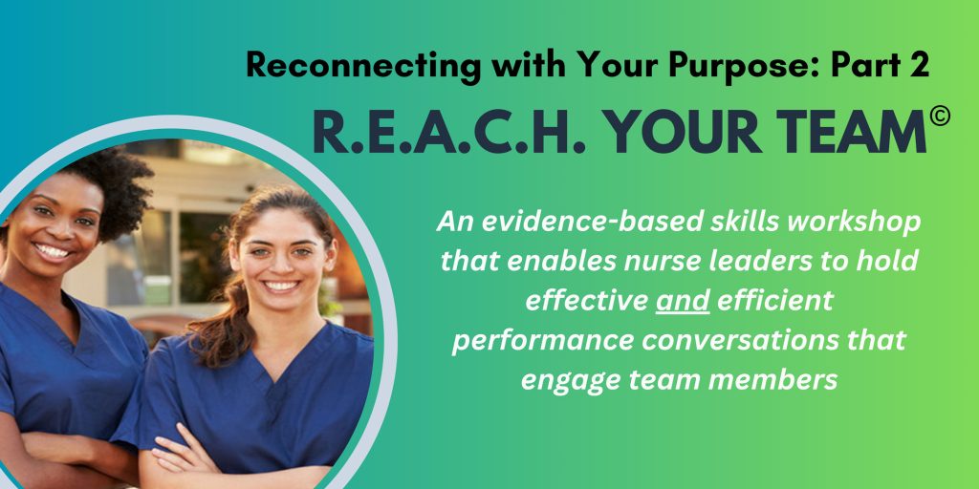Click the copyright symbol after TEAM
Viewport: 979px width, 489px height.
click(x=940, y=116)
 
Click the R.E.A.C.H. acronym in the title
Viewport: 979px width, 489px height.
click(x=447, y=132)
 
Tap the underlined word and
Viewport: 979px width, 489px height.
click(x=683, y=301)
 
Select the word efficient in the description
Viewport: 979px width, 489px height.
click(x=774, y=301)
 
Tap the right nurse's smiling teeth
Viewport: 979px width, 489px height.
click(x=282, y=286)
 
